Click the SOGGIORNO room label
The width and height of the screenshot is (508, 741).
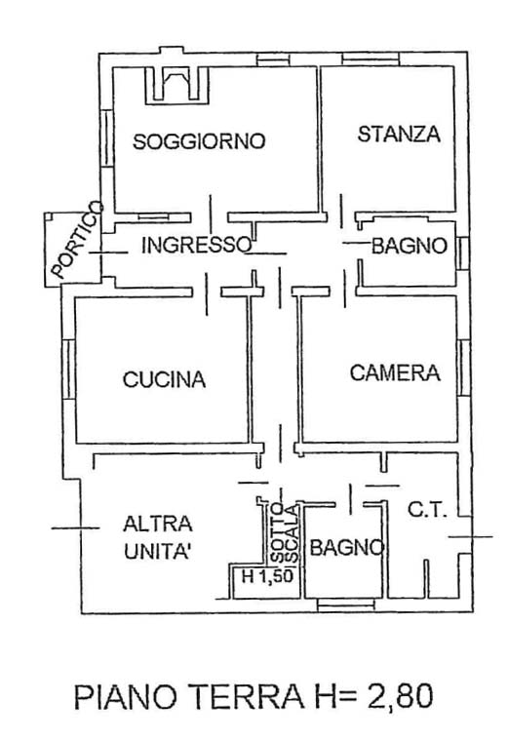coord(199,141)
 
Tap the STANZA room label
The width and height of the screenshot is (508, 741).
coord(398,135)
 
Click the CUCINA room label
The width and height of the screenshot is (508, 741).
coord(164,380)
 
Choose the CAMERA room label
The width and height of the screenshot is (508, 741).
coord(395,372)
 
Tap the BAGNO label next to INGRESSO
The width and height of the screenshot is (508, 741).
coord(409,247)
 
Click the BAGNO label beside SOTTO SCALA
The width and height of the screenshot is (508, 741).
coord(344,549)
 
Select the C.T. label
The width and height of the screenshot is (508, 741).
coord(427,509)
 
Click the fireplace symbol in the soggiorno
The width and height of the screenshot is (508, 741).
coord(176,84)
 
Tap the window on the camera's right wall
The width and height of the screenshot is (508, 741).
coord(463,368)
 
